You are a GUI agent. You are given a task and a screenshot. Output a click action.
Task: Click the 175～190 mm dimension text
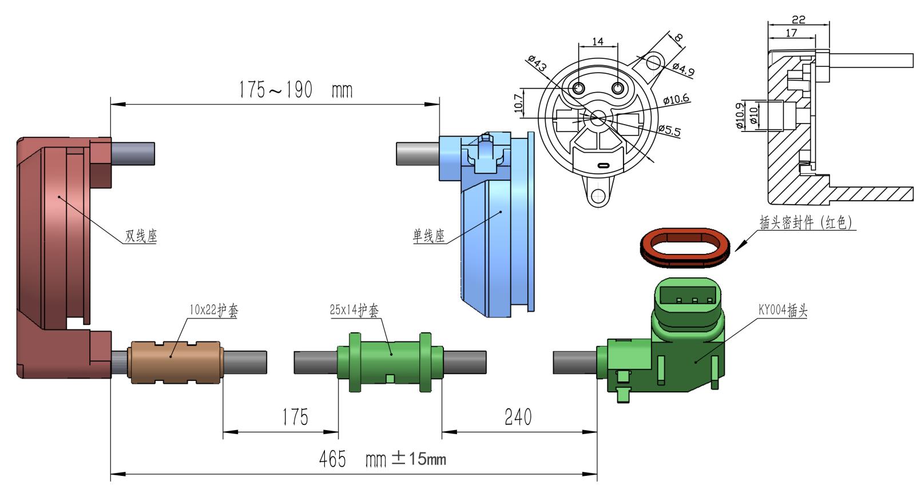(295, 90)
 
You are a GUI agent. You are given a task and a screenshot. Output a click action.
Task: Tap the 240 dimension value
(518, 417)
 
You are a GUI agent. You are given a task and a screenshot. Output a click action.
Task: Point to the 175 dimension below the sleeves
(295, 417)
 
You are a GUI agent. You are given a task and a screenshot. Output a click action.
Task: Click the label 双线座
(141, 236)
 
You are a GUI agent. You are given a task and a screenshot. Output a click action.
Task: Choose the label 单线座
(429, 236)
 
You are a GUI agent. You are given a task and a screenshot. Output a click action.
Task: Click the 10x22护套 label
(213, 311)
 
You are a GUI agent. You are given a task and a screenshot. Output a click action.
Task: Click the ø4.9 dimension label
(683, 69)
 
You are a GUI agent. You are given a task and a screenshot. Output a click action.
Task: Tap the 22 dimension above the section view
(799, 19)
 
